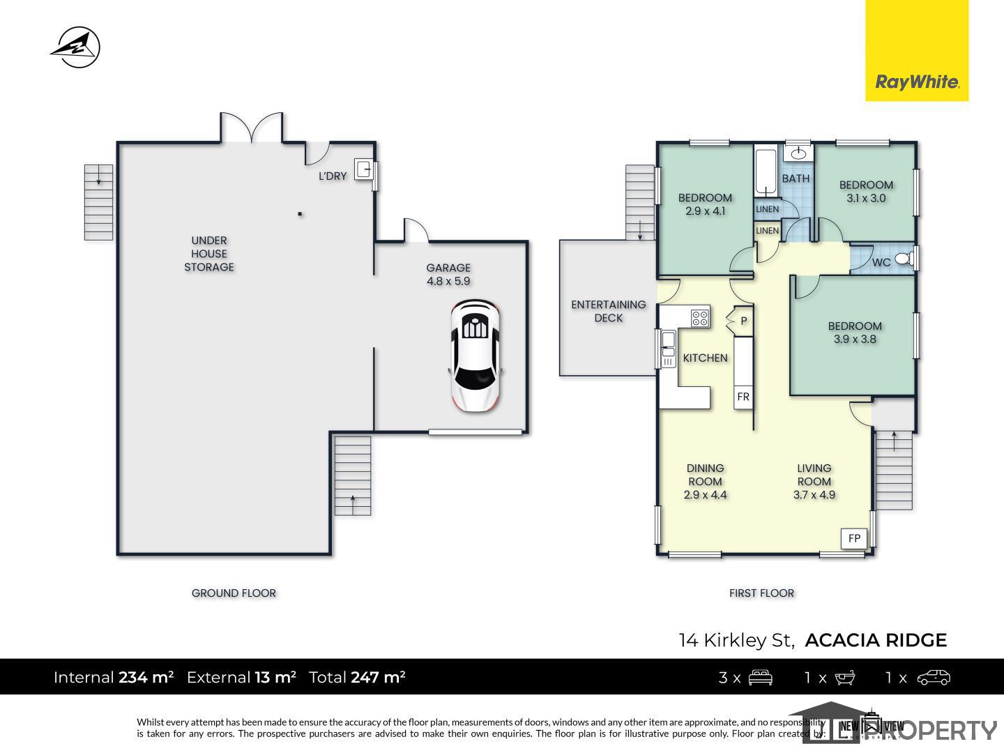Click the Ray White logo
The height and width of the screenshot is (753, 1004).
pyautogui.click(x=917, y=50)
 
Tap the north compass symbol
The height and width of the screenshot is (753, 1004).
pyautogui.click(x=75, y=47)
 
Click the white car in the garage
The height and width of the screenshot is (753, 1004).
pyautogui.click(x=476, y=356)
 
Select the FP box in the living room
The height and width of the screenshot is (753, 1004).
pyautogui.click(x=854, y=538)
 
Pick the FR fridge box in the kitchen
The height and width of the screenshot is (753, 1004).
pyautogui.click(x=743, y=397)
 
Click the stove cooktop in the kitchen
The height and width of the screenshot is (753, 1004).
pyautogui.click(x=700, y=317)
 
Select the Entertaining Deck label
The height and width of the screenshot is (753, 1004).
pyautogui.click(x=609, y=311)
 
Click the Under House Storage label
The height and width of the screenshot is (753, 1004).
pyautogui.click(x=209, y=253)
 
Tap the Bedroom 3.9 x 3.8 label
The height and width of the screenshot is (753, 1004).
pyautogui.click(x=854, y=333)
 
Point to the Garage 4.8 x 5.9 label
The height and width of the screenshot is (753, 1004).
pyautogui.click(x=448, y=274)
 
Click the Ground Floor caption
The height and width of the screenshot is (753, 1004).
pyautogui.click(x=234, y=593)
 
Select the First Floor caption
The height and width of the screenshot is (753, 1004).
pyautogui.click(x=761, y=593)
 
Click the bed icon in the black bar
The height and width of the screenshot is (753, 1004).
pyautogui.click(x=760, y=678)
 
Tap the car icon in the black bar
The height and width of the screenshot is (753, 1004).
pyautogui.click(x=934, y=678)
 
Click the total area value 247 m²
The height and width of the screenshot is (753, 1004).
pyautogui.click(x=378, y=677)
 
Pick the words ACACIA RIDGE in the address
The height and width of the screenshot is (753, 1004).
pyautogui.click(x=876, y=640)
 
